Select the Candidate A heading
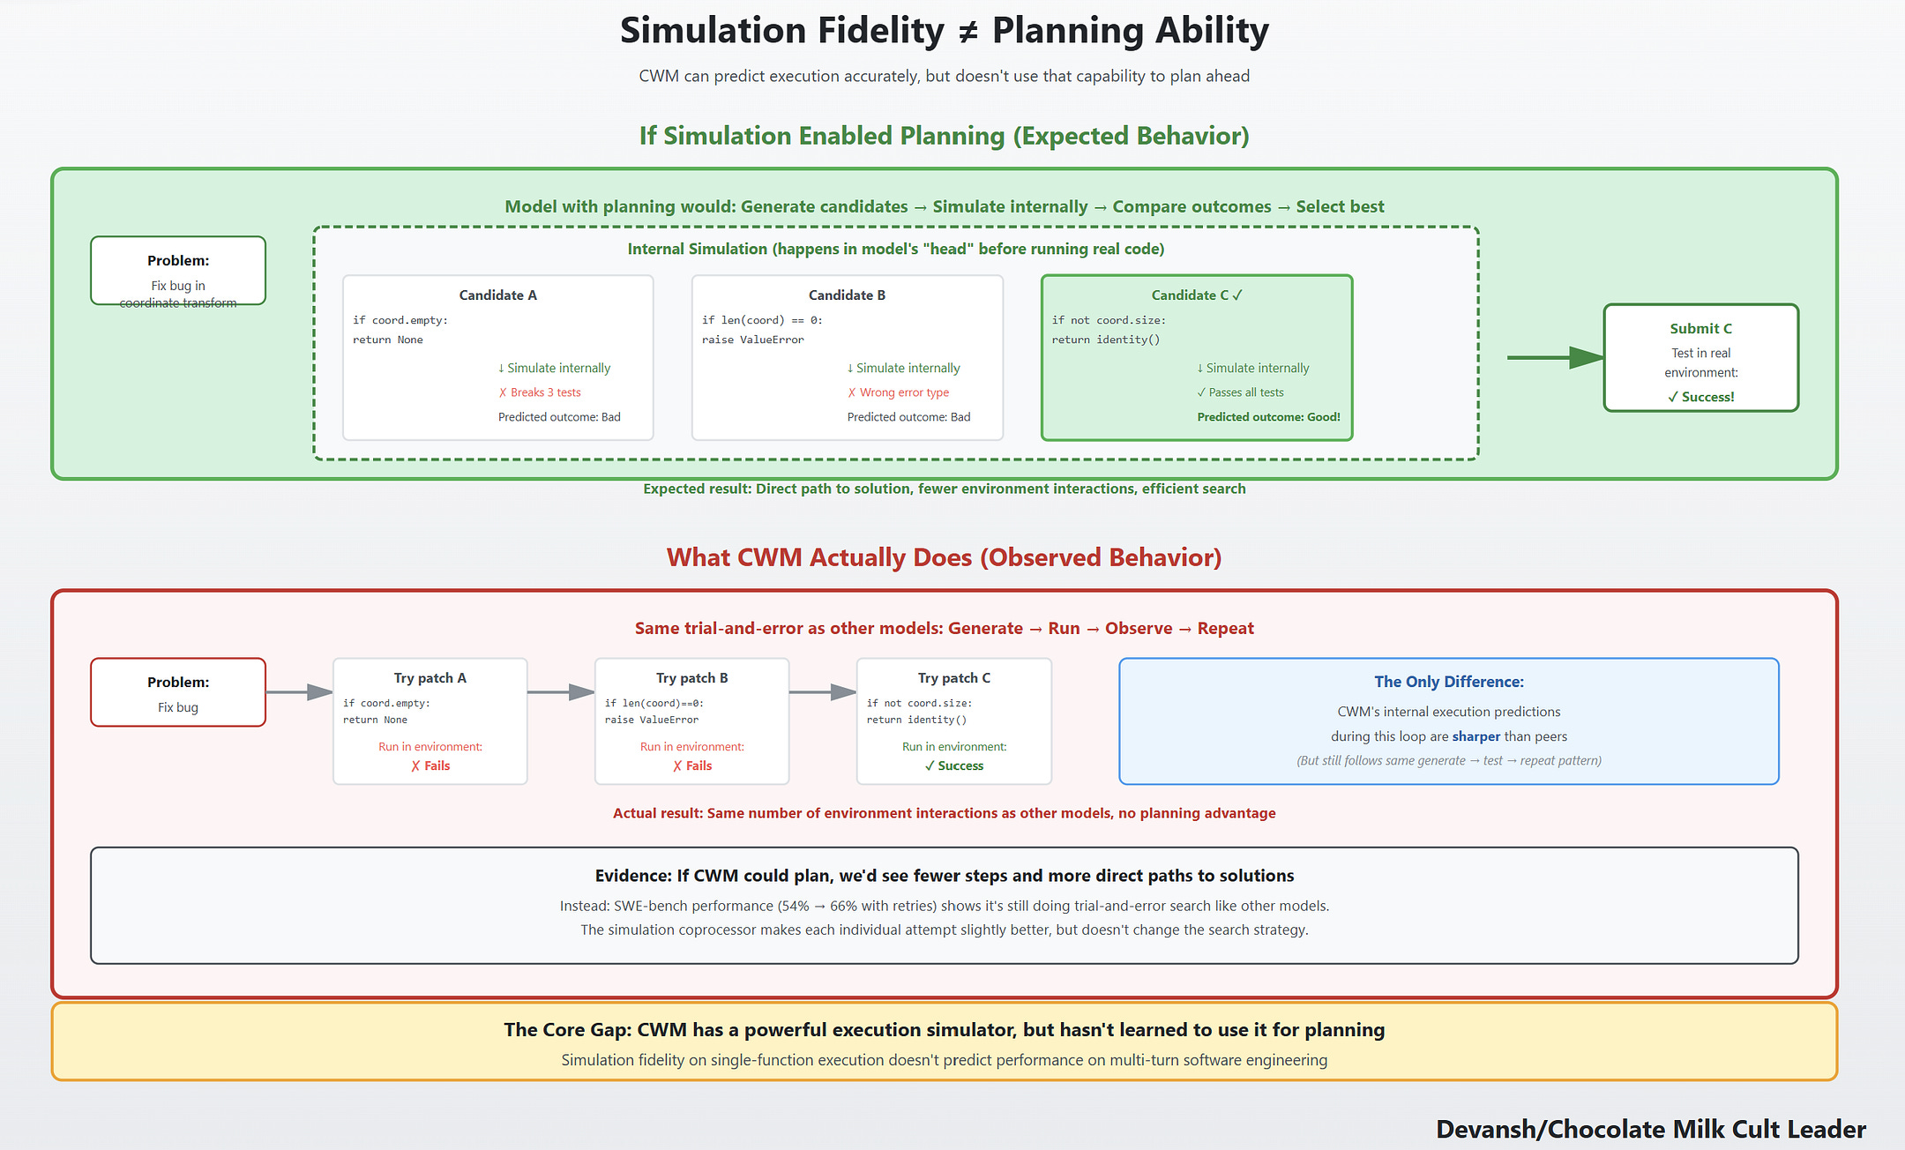tap(497, 295)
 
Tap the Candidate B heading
tap(847, 295)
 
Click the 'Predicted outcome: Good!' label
tap(1268, 417)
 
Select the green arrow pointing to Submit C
tap(1554, 357)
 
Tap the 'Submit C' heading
tap(1700, 329)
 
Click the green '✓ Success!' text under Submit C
tap(1700, 397)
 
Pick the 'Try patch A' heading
tap(430, 678)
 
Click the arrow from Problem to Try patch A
tap(299, 692)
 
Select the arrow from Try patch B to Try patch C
tap(822, 692)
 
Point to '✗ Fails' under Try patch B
tap(692, 765)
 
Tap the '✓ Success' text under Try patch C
tap(954, 765)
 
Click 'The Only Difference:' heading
tap(1448, 682)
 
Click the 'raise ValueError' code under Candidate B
tap(752, 340)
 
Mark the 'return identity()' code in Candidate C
tap(1105, 340)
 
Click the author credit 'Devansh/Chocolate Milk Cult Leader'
tap(1650, 1130)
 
